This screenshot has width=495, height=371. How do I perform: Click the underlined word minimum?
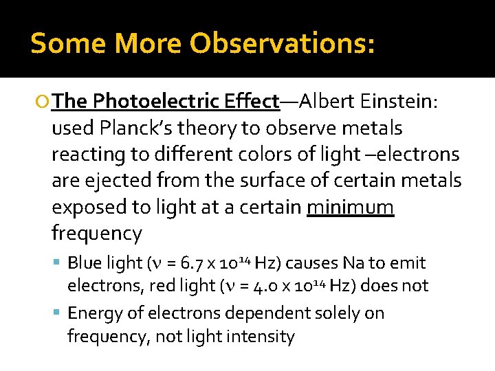351,207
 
